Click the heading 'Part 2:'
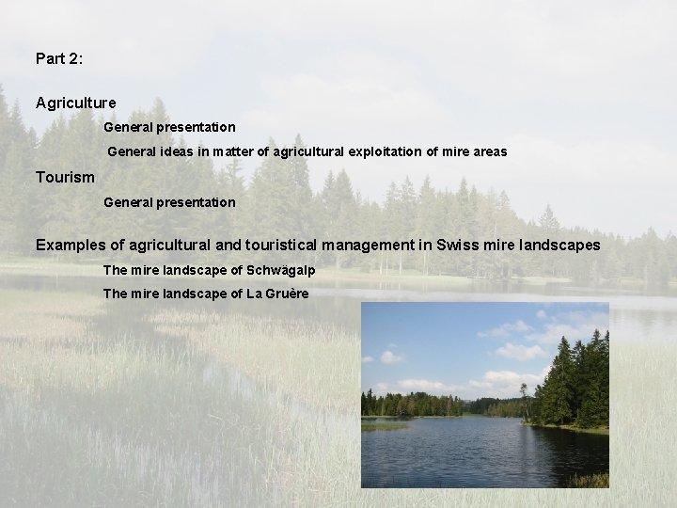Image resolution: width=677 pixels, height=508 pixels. click(59, 58)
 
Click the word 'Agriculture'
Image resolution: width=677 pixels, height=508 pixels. click(76, 102)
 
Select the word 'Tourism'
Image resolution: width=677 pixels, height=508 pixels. click(65, 177)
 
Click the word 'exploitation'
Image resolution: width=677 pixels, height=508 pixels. click(367, 151)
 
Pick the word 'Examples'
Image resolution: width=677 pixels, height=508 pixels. click(71, 245)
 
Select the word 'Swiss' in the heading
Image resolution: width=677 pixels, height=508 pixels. click(458, 245)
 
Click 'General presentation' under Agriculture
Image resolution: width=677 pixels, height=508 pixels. click(169, 126)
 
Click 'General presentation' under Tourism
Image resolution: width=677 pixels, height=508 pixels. click(169, 202)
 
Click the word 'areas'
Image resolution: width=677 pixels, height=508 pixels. click(489, 151)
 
